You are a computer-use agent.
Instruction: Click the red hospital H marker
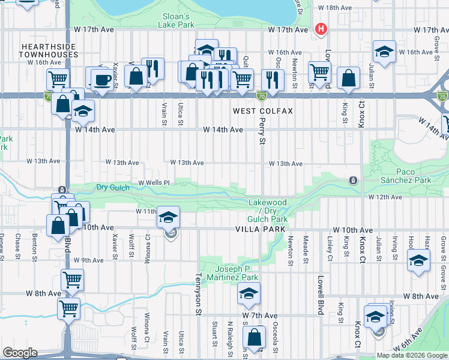[322, 29]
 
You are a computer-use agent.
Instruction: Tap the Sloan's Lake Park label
[176, 20]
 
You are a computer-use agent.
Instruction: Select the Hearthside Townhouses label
[49, 50]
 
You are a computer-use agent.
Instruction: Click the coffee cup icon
[101, 80]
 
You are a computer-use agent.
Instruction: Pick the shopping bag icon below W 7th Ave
[255, 338]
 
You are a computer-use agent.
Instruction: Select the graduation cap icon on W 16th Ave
[384, 51]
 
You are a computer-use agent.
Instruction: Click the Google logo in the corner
[20, 353]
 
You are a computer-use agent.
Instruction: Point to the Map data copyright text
[411, 355]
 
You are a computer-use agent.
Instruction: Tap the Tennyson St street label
[197, 293]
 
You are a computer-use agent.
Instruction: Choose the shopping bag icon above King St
[348, 78]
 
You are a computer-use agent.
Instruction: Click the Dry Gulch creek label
[113, 188]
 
